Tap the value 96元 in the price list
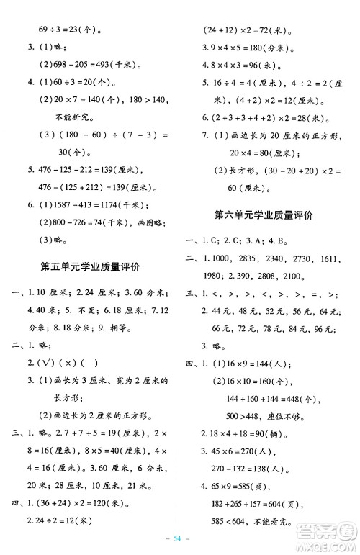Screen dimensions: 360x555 (x=322, y=329)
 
